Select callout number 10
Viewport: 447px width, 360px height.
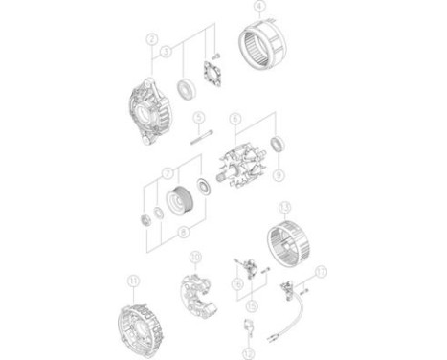[195, 257]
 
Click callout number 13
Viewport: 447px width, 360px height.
[284, 206]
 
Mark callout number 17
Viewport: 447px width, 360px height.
[322, 270]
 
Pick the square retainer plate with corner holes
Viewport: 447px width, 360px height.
[211, 74]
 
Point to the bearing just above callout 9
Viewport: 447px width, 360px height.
[278, 145]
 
